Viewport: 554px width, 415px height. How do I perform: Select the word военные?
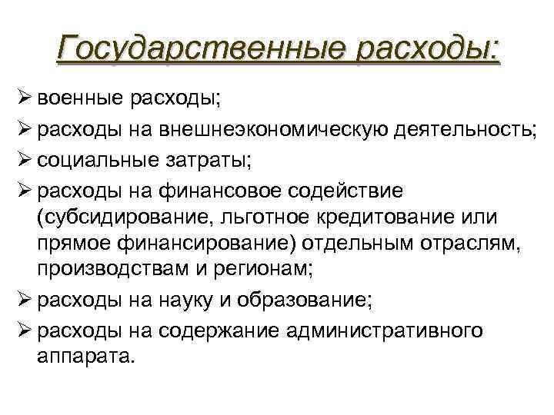click(80, 98)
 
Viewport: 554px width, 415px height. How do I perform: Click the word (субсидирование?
click(118, 217)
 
